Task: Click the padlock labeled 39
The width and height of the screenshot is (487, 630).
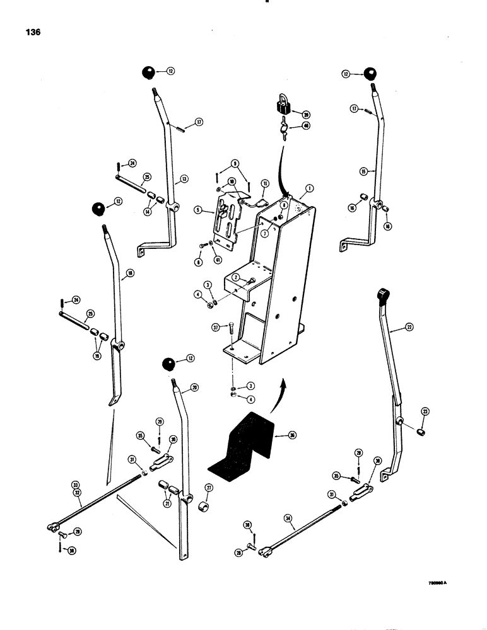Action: click(x=281, y=105)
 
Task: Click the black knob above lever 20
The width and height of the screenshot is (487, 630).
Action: click(x=168, y=364)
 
